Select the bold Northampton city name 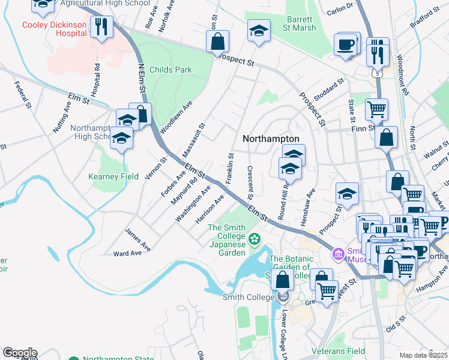tap(271, 138)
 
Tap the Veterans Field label tap(339, 350)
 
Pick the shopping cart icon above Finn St tap(376, 109)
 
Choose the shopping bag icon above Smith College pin tap(282, 279)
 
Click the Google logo tap(19, 352)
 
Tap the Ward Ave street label tap(127, 253)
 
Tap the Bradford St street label tap(425, 20)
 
